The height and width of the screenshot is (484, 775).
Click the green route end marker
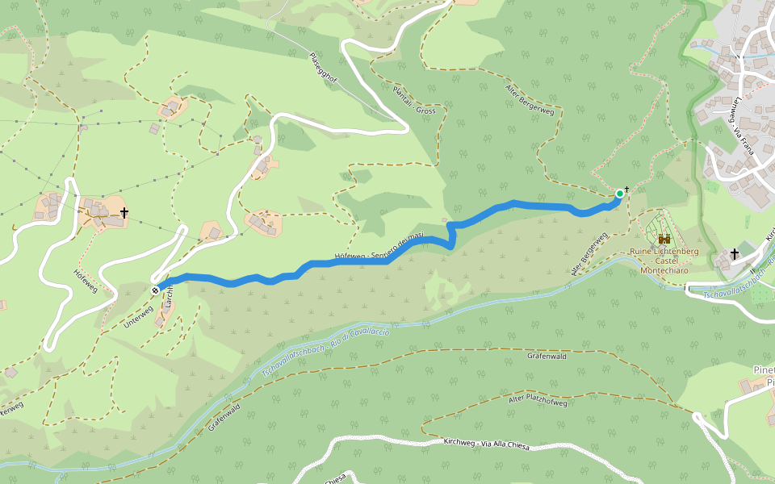619,194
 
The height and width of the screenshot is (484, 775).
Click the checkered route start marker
155,290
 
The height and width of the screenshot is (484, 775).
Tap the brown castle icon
664,239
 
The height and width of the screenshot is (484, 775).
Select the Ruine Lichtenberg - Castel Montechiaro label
664,261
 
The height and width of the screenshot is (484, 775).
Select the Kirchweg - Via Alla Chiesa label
486,444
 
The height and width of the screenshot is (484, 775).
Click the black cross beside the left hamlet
124,213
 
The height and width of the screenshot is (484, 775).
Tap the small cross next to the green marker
627,189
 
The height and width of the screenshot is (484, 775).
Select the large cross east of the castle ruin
735,255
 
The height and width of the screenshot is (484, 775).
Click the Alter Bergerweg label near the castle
589,254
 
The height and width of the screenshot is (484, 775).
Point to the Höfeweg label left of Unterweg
86,280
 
